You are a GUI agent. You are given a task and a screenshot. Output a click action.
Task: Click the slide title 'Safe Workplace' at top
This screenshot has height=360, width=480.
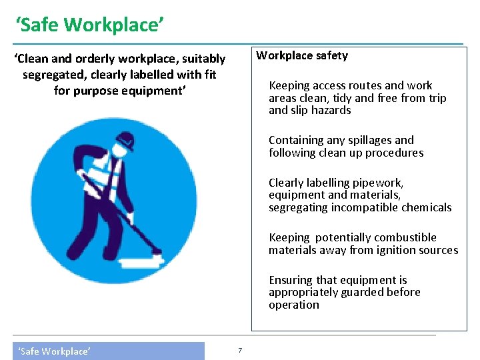point(90,25)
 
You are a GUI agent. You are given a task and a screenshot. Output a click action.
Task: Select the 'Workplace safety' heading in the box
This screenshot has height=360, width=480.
point(302,55)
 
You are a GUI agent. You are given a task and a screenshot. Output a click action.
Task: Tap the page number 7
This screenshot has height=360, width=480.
point(240,351)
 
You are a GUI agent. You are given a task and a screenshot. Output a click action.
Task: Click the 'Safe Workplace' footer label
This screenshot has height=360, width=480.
point(54,351)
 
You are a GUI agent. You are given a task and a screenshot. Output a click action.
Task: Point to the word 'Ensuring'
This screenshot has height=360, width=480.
point(290,280)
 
